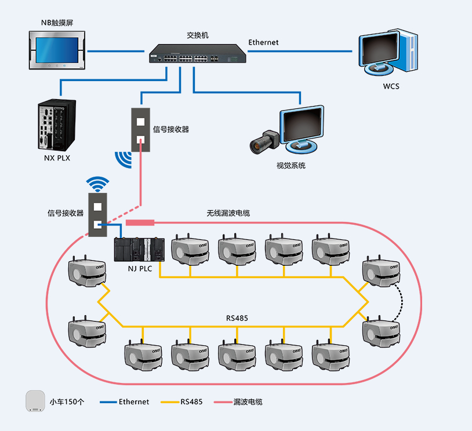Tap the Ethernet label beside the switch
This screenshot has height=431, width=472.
pyautogui.click(x=263, y=42)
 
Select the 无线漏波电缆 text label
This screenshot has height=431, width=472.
pyautogui.click(x=228, y=213)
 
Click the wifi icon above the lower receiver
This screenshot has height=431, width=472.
pyautogui.click(x=97, y=184)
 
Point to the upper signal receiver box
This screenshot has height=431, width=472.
pyautogui.click(x=141, y=130)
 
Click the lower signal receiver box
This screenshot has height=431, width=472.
pyautogui.click(x=97, y=215)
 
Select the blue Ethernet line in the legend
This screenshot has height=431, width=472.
pyautogui.click(x=108, y=401)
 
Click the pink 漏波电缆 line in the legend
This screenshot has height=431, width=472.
pyautogui.click(x=223, y=401)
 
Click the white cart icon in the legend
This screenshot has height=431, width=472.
pyautogui.click(x=35, y=401)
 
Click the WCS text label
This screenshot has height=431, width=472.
pyautogui.click(x=391, y=87)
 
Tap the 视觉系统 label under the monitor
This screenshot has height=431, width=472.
pyautogui.click(x=291, y=166)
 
